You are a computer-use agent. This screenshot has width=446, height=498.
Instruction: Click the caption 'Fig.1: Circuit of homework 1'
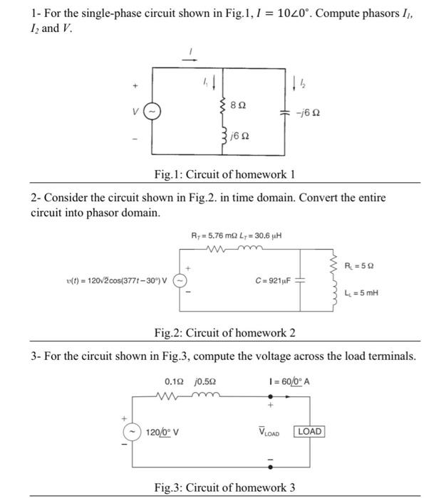[x=224, y=175]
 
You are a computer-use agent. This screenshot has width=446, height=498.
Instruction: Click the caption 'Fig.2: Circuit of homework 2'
[x=224, y=334]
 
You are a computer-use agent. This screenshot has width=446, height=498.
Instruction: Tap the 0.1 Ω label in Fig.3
[x=175, y=381]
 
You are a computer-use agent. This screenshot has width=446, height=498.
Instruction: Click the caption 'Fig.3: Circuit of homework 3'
[x=224, y=487]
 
